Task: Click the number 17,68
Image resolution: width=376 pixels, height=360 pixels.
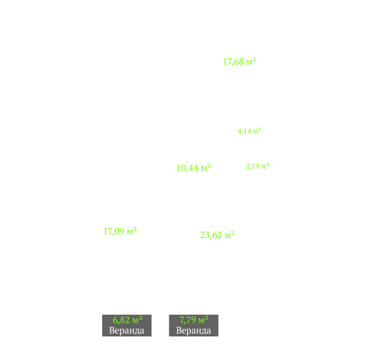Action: pos(233,62)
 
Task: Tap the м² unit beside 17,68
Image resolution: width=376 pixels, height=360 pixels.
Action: pos(251,62)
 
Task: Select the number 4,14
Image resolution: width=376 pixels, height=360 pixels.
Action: pos(244,132)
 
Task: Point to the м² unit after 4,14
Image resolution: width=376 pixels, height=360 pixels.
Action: pos(257,131)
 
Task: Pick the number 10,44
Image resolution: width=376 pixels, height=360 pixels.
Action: pos(187,168)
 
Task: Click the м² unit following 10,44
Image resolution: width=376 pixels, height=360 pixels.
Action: pos(206,168)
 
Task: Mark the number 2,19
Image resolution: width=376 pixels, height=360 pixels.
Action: pos(252,166)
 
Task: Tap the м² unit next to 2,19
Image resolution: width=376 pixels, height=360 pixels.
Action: pos(265,166)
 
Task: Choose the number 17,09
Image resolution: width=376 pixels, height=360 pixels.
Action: pos(114,232)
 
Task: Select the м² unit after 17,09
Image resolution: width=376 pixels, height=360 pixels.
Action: pos(131,231)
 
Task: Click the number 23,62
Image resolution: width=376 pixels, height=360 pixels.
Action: pos(211,235)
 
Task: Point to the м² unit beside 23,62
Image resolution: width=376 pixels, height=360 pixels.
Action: pos(230,235)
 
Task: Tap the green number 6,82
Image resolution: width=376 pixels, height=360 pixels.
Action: pos(121,320)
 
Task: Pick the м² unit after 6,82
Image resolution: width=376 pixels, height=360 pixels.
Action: pos(137,319)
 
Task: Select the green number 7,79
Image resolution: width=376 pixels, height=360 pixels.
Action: pos(188,320)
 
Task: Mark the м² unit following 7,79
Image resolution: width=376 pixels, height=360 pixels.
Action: pos(203,319)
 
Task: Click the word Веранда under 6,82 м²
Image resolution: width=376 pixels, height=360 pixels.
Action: pos(127,331)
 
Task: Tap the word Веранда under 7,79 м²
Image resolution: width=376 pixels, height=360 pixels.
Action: pos(194,331)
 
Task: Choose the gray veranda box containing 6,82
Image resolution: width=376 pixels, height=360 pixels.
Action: pos(127,325)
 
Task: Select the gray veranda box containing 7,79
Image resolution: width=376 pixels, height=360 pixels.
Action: pos(194,325)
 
